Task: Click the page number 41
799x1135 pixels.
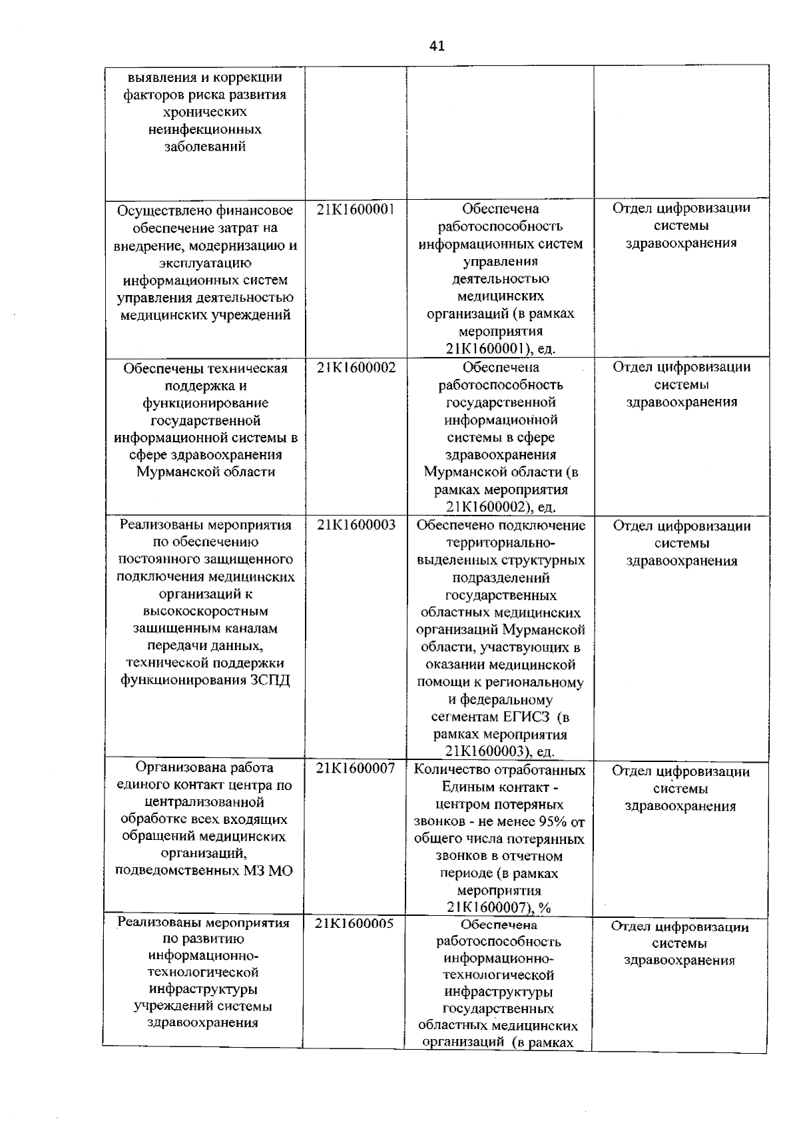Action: [437, 46]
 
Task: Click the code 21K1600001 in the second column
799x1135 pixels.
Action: [356, 209]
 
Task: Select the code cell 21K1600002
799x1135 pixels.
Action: [356, 367]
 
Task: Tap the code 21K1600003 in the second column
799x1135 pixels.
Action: [356, 525]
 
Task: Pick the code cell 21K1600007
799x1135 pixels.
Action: [356, 768]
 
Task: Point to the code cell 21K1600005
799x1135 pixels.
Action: [354, 923]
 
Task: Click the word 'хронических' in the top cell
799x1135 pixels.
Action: [206, 112]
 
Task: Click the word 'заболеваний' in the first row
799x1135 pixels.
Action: [206, 147]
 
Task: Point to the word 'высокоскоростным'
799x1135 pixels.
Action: [206, 611]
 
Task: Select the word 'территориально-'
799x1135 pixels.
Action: [501, 543]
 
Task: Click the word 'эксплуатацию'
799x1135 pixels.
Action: [206, 263]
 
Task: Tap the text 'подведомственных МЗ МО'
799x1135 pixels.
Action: [204, 871]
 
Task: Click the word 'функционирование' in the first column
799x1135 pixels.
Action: [206, 403]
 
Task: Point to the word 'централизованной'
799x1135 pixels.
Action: [204, 802]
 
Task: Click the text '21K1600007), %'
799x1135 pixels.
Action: [499, 907]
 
